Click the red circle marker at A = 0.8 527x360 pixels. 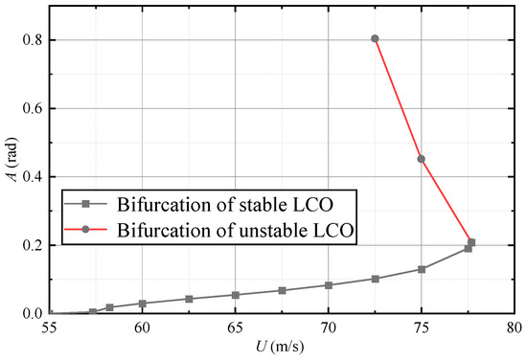375,39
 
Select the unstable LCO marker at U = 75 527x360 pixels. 422,159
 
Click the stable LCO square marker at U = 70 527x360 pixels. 329,285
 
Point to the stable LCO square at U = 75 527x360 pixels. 422,269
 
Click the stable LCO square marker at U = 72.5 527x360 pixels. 375,279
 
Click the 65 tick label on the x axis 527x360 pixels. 235,327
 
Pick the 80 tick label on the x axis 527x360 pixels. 515,327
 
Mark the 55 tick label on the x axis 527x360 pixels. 49,327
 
